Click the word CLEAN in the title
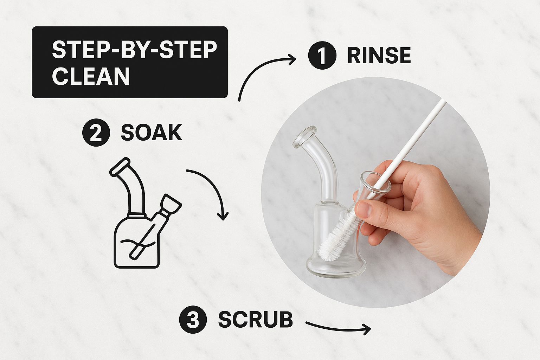(x=91, y=76)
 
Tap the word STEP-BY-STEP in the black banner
(x=135, y=50)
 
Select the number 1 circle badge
(x=322, y=56)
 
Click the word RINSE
(x=379, y=56)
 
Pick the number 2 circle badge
(x=96, y=133)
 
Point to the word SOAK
(x=152, y=133)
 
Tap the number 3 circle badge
(x=193, y=320)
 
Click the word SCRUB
(x=256, y=320)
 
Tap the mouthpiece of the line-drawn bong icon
(x=120, y=167)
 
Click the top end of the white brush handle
(x=444, y=101)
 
